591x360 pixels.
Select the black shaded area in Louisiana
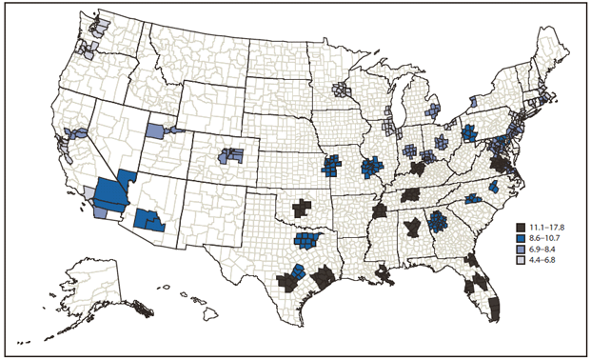click(x=384, y=275)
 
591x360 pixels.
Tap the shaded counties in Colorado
click(x=229, y=155)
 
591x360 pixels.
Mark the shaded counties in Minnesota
click(x=342, y=90)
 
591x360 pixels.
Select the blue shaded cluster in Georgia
click(x=439, y=223)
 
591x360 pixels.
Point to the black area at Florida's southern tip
click(x=493, y=309)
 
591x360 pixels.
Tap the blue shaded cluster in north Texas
click(x=306, y=241)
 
